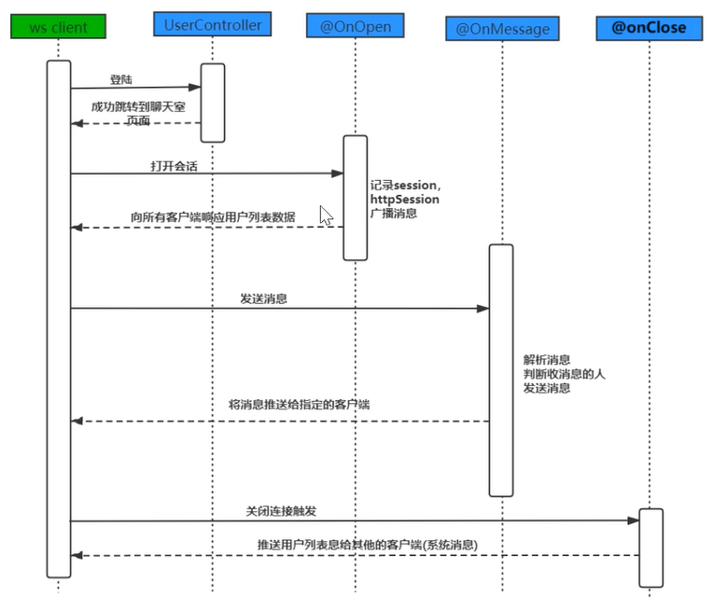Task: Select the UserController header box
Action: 213,23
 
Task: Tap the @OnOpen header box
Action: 356,25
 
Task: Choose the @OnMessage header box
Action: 503,29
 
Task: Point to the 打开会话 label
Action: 175,165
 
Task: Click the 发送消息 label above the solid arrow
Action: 263,299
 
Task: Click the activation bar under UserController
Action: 213,103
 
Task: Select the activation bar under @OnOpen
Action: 356,197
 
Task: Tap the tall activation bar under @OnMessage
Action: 501,369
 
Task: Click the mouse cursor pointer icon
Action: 326,215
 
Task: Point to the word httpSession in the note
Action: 404,199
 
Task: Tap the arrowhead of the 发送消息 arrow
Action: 483,309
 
